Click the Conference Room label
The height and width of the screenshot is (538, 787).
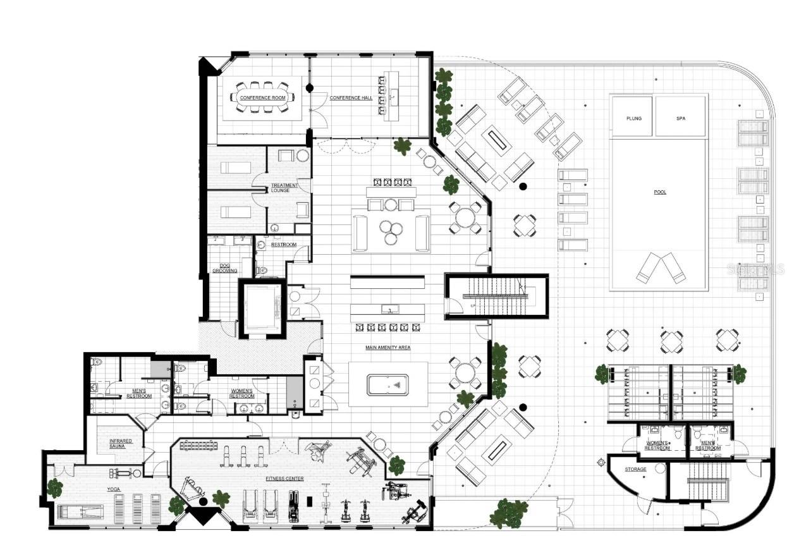click(262, 98)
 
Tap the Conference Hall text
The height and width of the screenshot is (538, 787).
click(346, 98)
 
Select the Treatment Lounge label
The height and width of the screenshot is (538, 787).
click(284, 188)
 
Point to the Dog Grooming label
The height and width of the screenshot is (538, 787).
click(224, 267)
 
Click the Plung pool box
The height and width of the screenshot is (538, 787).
click(633, 118)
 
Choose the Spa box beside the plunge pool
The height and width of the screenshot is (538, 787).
click(681, 118)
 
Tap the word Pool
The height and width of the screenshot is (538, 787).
click(660, 192)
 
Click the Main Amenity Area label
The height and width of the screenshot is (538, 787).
click(388, 348)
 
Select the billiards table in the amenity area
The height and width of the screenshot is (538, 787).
click(387, 384)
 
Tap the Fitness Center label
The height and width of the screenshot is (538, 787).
click(284, 479)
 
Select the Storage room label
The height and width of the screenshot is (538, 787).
click(635, 469)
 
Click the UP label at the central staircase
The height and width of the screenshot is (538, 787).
click(472, 306)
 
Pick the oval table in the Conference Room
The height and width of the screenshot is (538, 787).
click(262, 98)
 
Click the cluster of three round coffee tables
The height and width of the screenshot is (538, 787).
click(391, 232)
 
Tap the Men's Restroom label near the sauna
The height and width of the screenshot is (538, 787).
click(138, 393)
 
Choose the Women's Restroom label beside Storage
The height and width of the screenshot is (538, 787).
click(657, 445)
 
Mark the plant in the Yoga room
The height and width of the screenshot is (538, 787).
click(55, 487)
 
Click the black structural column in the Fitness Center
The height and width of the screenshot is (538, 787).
click(203, 501)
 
